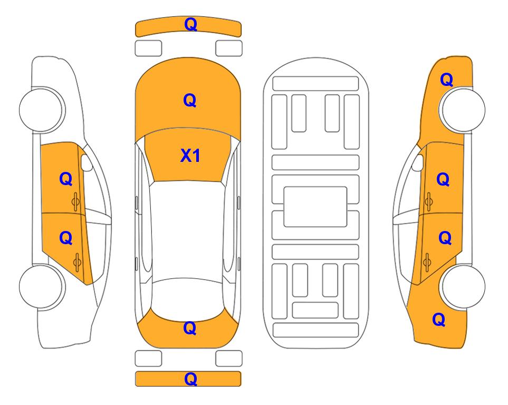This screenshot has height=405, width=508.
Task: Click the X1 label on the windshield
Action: click(x=190, y=156)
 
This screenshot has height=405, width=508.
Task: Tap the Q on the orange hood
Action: click(x=190, y=100)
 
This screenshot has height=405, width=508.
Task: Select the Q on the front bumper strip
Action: click(x=190, y=24)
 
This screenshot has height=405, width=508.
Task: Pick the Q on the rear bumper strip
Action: click(x=190, y=379)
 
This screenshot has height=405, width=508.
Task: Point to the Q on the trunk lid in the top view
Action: click(x=190, y=328)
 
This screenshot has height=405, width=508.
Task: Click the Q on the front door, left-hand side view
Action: click(x=66, y=179)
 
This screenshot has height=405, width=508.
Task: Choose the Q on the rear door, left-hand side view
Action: click(x=66, y=238)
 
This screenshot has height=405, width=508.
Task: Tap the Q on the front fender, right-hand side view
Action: click(x=446, y=80)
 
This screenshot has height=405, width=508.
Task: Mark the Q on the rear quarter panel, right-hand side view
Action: click(x=439, y=320)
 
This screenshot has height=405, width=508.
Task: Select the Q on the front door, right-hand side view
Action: click(x=443, y=179)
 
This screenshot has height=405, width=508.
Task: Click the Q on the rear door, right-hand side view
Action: click(x=445, y=238)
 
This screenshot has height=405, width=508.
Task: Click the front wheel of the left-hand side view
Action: click(x=41, y=110)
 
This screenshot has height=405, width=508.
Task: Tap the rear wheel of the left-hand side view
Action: click(x=41, y=286)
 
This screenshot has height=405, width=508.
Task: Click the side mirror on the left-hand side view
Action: click(x=86, y=162)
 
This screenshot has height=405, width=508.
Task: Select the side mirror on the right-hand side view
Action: click(x=418, y=162)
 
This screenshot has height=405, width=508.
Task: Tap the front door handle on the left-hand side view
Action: click(x=76, y=201)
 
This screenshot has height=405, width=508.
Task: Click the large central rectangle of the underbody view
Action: click(x=315, y=207)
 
